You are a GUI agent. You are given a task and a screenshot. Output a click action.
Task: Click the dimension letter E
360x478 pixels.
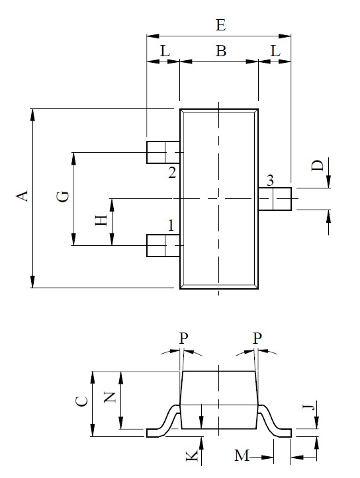221,25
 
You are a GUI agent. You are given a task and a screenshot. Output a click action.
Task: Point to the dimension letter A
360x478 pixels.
22,196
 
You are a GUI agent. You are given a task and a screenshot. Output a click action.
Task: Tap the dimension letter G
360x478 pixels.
63,196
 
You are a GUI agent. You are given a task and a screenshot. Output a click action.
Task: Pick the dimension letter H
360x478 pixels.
101,221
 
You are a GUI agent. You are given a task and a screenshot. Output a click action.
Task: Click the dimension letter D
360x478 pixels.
319,165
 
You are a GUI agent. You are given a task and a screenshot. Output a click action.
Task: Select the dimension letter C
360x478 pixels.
81,401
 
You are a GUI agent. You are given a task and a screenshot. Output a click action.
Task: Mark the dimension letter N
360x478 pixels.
111,397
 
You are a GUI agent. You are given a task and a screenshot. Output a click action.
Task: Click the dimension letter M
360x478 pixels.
243,456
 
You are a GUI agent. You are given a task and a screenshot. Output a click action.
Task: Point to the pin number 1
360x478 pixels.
171,225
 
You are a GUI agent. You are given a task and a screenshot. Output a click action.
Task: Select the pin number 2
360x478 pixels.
171,173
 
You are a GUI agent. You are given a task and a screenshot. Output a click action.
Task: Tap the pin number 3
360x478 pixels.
269,180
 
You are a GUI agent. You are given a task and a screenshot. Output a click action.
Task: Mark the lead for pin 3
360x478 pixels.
275,198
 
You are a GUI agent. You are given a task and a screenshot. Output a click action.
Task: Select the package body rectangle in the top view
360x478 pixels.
218,198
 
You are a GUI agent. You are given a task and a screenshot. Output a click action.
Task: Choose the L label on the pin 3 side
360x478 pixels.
275,50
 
